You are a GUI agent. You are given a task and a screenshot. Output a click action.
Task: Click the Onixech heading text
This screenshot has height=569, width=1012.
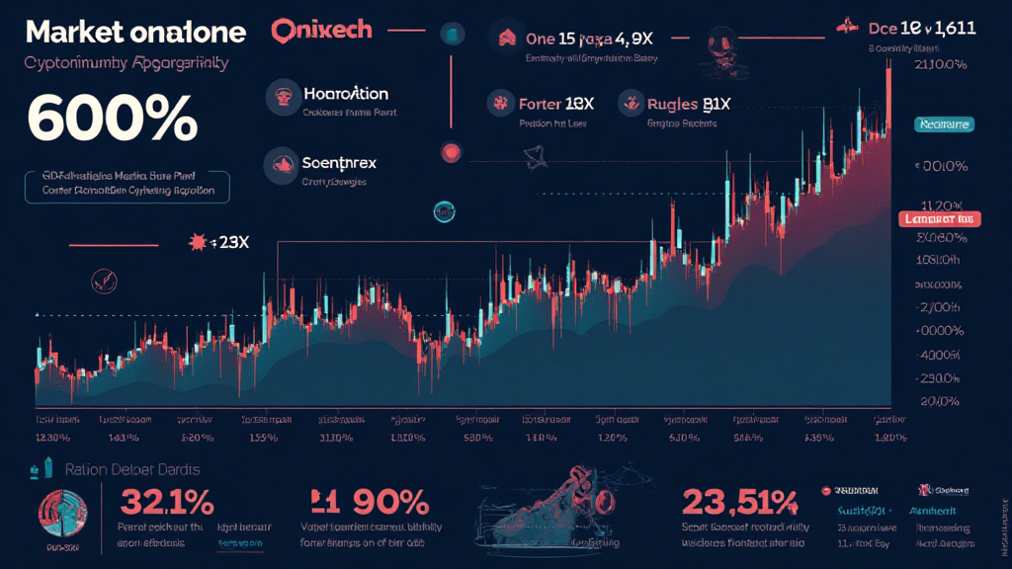tap(321, 30)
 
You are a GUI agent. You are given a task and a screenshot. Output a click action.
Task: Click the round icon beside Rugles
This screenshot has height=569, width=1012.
tap(631, 103)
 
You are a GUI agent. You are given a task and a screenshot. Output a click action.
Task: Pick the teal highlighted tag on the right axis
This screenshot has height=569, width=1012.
tap(943, 124)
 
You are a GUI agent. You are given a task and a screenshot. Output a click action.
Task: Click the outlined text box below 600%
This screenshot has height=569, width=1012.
tap(126, 186)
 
